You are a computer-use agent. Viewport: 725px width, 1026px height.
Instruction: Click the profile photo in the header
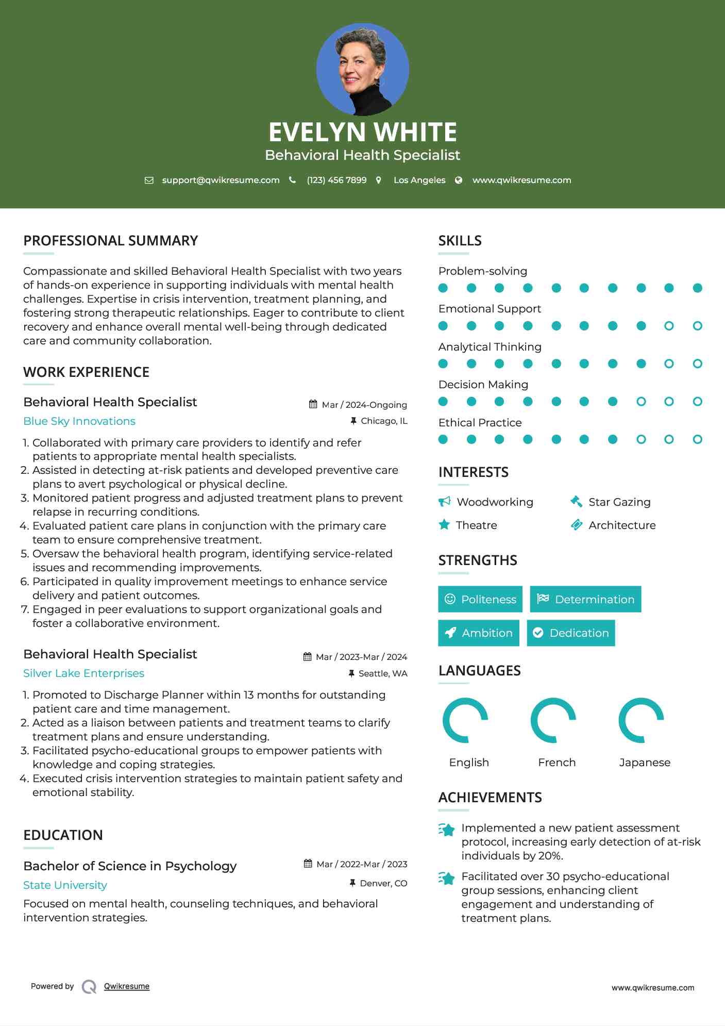coord(362,69)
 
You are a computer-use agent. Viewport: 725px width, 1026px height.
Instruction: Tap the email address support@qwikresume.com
coord(221,180)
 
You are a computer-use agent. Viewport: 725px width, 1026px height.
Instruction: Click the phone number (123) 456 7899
coord(336,180)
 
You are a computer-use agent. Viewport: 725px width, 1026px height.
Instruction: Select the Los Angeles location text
coord(419,180)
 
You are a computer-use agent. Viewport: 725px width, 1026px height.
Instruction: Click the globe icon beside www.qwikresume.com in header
coord(459,180)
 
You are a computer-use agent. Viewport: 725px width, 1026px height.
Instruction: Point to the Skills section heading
coord(460,241)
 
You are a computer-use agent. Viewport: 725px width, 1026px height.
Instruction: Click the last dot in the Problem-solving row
coord(697,288)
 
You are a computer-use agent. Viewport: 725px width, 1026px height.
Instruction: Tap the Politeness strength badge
coord(480,599)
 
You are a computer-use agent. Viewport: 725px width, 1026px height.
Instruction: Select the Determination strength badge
coord(585,599)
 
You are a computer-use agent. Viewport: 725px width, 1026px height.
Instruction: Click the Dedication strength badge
coord(571,633)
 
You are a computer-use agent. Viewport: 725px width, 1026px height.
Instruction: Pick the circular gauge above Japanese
coord(641,720)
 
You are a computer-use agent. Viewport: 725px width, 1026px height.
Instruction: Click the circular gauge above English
coord(465,720)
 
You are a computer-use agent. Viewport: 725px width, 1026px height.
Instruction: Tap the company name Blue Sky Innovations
coord(79,421)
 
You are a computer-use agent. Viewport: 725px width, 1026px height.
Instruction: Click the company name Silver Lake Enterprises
coord(83,673)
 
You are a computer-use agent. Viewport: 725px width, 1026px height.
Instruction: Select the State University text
coord(65,885)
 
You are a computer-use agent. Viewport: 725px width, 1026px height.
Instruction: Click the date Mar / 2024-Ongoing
coord(364,405)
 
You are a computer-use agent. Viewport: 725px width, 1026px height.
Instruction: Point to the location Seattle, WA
coord(382,673)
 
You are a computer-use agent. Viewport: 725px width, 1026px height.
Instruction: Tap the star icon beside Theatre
coord(444,525)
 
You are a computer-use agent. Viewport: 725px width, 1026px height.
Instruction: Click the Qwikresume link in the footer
coord(126,986)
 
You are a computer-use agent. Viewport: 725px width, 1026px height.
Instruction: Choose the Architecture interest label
coord(622,525)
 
